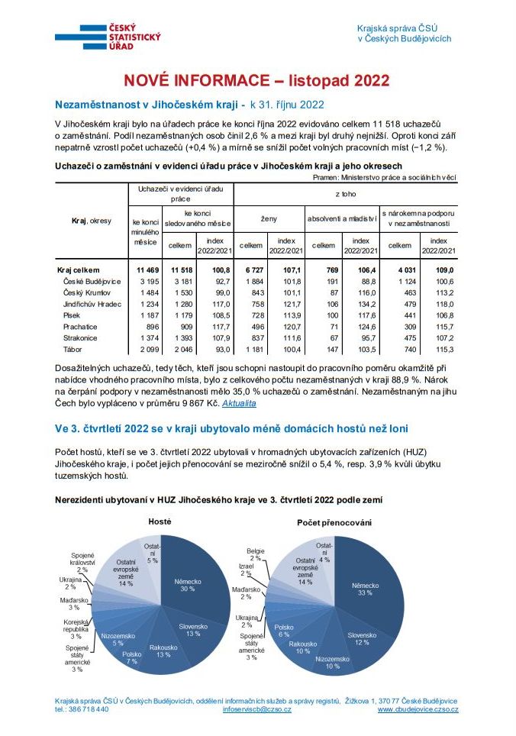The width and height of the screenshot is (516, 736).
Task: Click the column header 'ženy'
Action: coord(269,219)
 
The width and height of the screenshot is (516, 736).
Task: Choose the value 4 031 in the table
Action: coord(401,270)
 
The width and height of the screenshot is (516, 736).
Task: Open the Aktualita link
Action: coord(239,402)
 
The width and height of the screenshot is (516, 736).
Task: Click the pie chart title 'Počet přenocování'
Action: coord(334,521)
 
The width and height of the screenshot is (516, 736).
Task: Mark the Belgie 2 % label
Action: coord(255,554)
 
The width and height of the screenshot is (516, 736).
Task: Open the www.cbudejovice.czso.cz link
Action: coord(418,709)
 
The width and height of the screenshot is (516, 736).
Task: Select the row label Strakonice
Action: coord(79,337)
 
